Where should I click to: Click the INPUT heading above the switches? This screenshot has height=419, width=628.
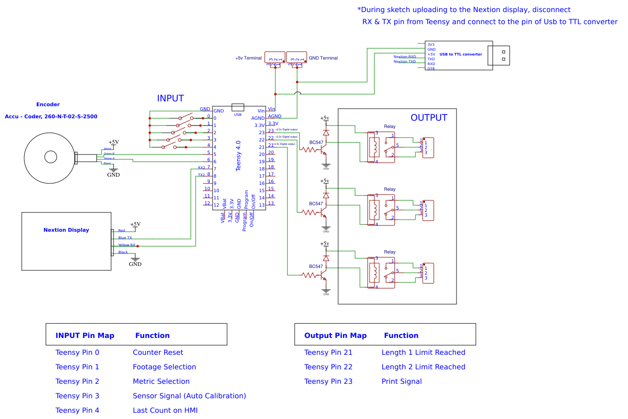170,98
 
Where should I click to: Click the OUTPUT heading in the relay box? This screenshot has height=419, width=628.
428,118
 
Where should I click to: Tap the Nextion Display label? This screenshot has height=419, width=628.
66,230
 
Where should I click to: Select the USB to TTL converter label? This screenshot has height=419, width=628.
460,55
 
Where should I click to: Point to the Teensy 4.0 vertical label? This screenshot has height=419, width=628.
238,156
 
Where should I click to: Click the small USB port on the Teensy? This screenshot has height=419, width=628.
238,107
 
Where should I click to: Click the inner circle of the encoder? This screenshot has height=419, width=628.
51,157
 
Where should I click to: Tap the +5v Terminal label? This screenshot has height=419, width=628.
248,58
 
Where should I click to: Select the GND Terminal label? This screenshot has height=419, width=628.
323,58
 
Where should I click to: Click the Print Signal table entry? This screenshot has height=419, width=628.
401,381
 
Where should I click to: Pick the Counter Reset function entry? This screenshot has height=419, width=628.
158,352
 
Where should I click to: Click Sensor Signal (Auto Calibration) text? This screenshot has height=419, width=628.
189,396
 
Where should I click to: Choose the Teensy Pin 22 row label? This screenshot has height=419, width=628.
328,367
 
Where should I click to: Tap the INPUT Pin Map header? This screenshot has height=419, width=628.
85,335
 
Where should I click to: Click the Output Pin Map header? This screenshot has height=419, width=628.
335,335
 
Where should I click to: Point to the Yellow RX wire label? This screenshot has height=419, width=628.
127,245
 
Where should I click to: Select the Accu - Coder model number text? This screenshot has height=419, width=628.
51,117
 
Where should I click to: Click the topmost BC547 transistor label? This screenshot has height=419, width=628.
316,142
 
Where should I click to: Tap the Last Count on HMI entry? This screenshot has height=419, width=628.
165,410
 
